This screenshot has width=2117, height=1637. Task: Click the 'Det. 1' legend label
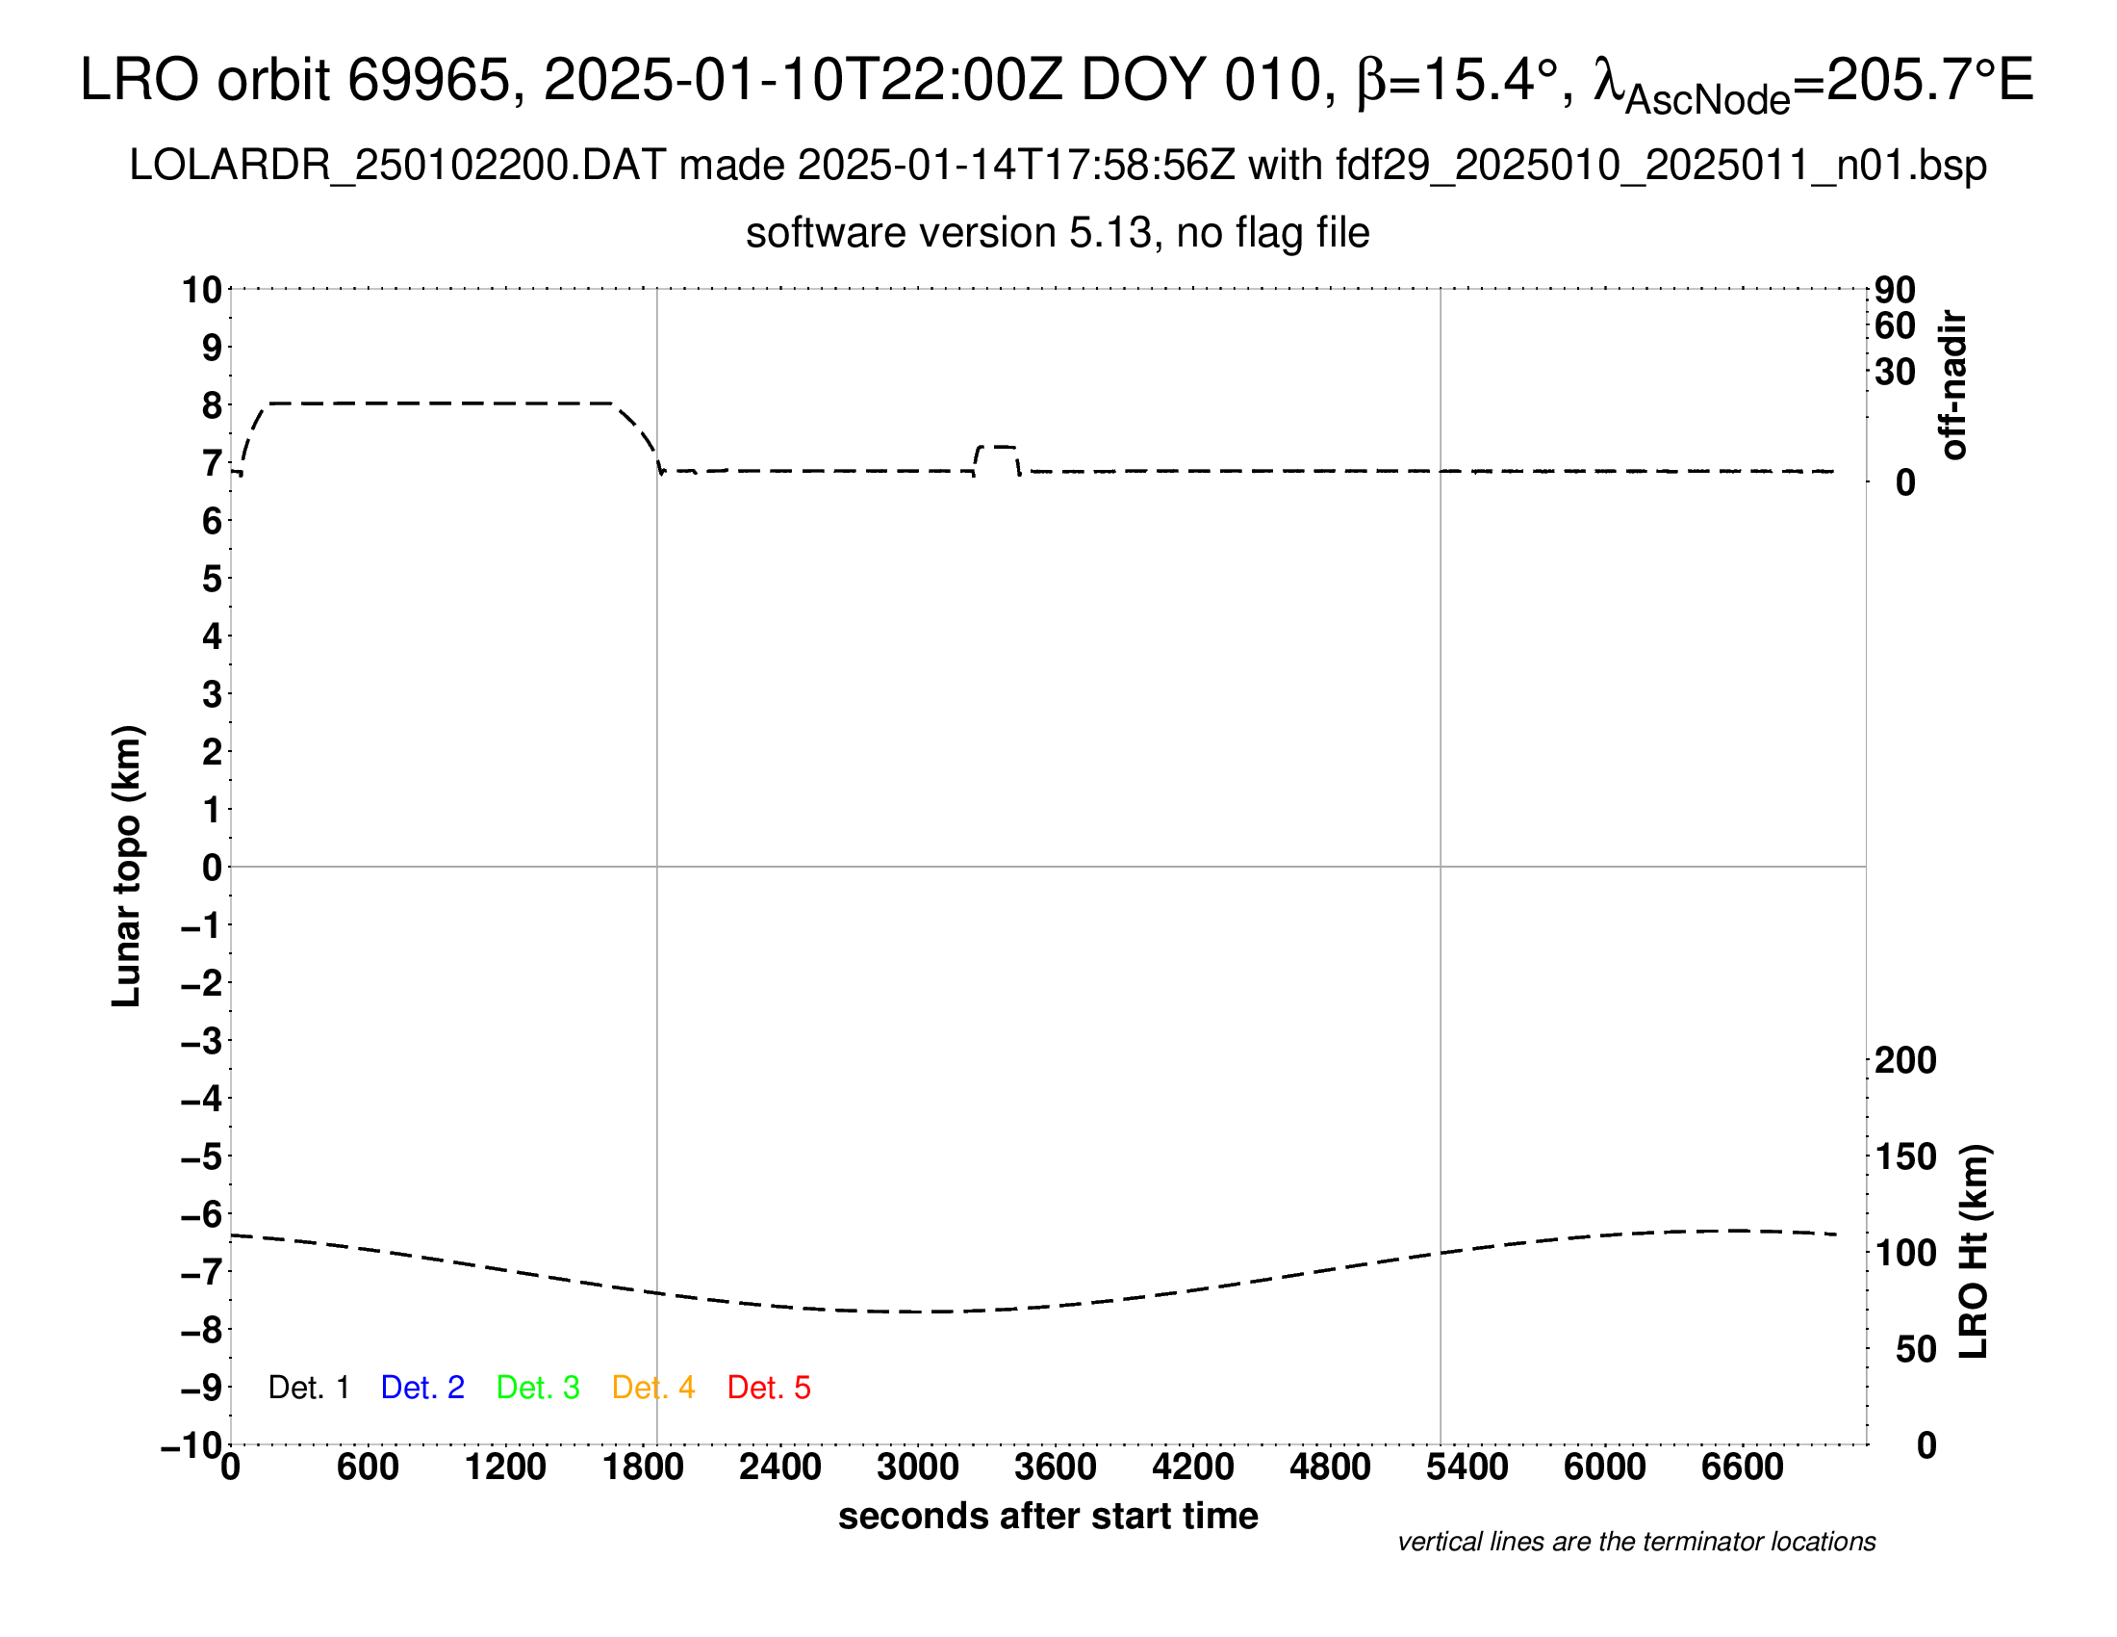(x=308, y=1388)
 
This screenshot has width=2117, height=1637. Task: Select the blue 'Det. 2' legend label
(x=422, y=1388)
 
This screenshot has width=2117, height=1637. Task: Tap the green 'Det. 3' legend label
(x=538, y=1388)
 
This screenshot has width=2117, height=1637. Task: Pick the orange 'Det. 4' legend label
(x=653, y=1388)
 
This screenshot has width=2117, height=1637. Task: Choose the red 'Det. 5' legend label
(x=769, y=1388)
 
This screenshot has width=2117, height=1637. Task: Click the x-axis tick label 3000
(x=918, y=1468)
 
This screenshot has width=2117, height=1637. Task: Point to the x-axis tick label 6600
(x=1742, y=1468)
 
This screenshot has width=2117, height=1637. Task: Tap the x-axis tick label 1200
(x=505, y=1468)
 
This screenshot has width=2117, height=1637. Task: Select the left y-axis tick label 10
(x=202, y=290)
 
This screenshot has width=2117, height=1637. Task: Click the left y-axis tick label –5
(x=202, y=1156)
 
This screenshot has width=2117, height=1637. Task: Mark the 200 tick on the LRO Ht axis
(x=1905, y=1061)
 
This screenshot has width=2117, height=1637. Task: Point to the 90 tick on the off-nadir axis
(x=1895, y=290)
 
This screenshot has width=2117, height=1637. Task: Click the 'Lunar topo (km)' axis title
(x=127, y=866)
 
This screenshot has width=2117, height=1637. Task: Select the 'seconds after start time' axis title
(x=1048, y=1516)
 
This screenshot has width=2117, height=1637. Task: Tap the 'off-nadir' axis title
(x=1953, y=385)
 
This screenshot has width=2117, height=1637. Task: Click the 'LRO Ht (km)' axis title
(x=1974, y=1252)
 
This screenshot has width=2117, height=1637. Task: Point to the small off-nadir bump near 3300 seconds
(x=997, y=448)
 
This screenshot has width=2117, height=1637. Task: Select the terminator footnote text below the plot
(x=1636, y=1542)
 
